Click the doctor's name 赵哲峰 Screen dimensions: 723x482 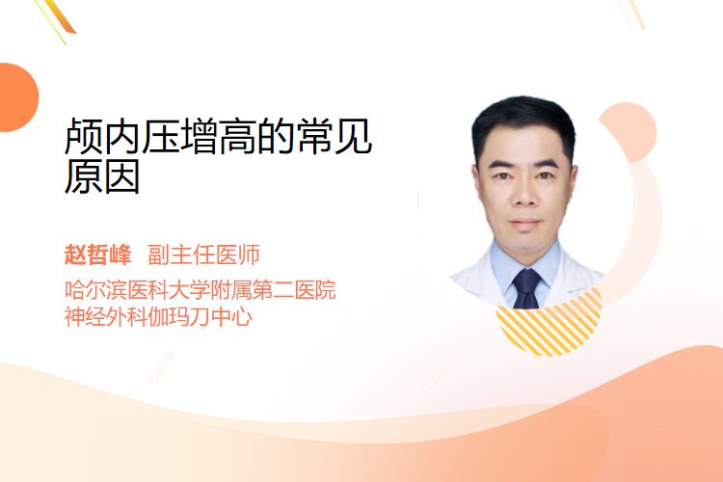(97, 254)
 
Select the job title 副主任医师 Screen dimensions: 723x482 (203, 254)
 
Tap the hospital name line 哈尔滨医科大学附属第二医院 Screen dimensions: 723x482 (201, 289)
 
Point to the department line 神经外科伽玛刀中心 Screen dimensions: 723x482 (158, 317)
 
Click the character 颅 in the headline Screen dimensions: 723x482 (83, 136)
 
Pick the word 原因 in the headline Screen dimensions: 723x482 (102, 175)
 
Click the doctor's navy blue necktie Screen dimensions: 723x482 (526, 288)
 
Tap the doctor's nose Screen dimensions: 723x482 (524, 195)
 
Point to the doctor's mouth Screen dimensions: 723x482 (524, 224)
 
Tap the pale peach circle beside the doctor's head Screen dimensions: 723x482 (634, 132)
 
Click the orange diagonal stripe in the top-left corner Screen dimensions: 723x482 (62, 16)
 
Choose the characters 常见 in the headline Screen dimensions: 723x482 (335, 136)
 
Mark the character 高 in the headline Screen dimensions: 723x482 (237, 136)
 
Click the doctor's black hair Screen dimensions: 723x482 (523, 120)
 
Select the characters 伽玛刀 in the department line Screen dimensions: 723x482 (179, 317)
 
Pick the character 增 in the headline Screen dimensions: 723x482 (200, 136)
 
